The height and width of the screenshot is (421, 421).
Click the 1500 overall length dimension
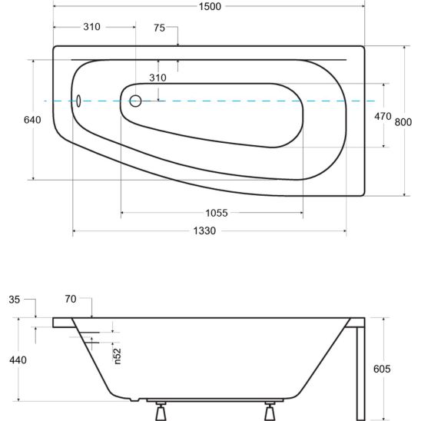coord(210,6)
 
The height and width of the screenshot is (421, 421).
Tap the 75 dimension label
coord(159,28)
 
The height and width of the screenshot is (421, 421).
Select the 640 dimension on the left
coord(32,120)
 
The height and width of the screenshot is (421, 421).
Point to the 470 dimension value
coord(383,117)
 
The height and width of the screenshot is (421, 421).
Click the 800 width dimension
coord(403,122)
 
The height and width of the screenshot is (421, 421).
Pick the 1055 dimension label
coord(217,213)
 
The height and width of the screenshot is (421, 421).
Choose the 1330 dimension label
coord(204,230)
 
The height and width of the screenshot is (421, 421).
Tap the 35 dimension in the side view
coord(15,300)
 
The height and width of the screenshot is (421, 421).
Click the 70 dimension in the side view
coord(71,299)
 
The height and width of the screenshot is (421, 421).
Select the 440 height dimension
coord(18,360)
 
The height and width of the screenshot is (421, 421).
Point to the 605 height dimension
coord(382,369)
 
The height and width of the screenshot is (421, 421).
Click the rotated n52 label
coord(118,356)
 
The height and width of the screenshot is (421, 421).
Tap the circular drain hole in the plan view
coord(135,101)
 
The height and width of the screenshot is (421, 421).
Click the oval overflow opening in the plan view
coord(78,101)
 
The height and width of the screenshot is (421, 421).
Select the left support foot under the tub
coord(161,411)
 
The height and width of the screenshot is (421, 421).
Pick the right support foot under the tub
coord(270,411)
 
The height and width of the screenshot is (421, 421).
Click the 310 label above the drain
coord(157,78)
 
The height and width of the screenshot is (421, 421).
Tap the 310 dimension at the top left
coord(91,27)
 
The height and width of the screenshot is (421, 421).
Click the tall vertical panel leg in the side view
coord(360,373)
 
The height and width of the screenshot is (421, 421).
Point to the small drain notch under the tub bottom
coord(134,399)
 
